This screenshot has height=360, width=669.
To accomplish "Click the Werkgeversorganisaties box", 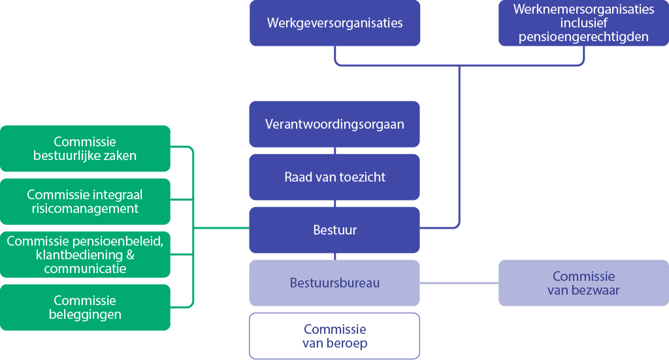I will (x=334, y=24).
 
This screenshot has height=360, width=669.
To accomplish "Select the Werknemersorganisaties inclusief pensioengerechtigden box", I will (x=583, y=24).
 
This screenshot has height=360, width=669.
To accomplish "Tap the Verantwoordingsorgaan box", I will (x=334, y=124).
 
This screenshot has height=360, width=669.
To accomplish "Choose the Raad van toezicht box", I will (x=334, y=177).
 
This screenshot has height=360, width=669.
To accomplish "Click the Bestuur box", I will (x=334, y=230).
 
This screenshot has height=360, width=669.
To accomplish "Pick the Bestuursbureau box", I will (x=334, y=283).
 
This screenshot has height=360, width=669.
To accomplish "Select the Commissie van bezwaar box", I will (x=583, y=283).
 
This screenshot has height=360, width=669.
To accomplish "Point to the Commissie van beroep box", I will (x=334, y=336).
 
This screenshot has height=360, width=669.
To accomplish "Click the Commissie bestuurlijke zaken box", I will (x=85, y=148).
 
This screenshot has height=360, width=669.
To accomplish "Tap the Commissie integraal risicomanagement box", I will (x=85, y=201).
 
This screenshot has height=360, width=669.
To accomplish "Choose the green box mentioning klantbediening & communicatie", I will (x=85, y=254).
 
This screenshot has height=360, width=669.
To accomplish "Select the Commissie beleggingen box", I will (x=85, y=307).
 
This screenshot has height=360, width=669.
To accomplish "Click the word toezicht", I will (x=361, y=177).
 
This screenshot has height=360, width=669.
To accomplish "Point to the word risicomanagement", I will (x=85, y=209).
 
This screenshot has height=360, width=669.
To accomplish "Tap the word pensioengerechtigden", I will (x=583, y=37).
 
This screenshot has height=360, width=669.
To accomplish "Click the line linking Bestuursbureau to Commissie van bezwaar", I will (x=459, y=283).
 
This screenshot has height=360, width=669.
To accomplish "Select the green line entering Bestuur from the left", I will (x=222, y=228).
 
